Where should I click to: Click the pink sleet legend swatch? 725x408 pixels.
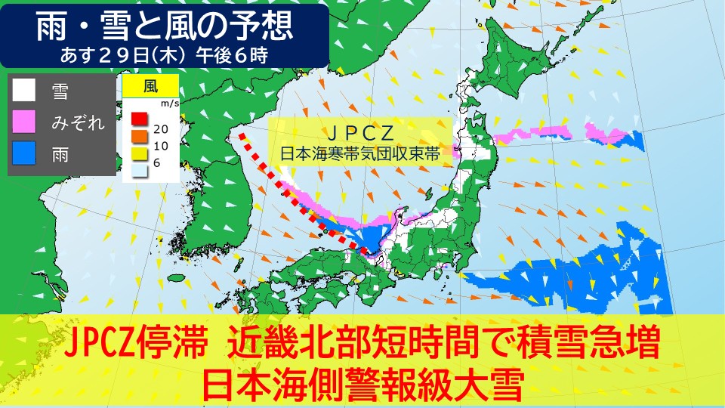point(24,123)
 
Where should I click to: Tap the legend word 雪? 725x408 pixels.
point(60,91)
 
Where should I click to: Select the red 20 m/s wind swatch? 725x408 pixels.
point(138,119)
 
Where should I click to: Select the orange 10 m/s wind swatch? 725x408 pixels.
point(138,135)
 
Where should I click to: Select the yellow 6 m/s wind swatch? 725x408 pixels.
point(138,152)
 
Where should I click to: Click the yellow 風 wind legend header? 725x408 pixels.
point(150,85)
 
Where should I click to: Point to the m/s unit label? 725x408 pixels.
point(168,102)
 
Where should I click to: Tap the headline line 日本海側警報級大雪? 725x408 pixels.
point(362,385)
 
